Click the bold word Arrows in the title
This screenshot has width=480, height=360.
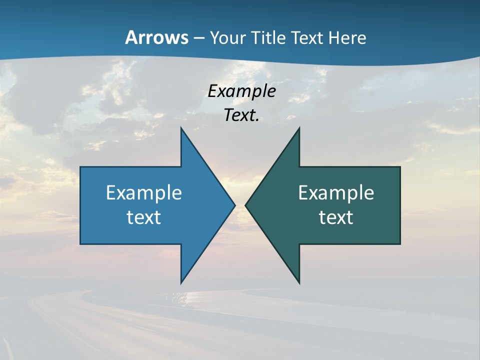tap(156, 37)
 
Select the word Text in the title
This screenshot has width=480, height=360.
tap(308, 37)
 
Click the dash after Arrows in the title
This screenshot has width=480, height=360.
tap(198, 38)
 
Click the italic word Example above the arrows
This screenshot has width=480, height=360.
tap(241, 91)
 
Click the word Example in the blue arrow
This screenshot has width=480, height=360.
tap(144, 192)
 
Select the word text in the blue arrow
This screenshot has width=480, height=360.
tap(144, 217)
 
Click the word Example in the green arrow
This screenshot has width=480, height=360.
tap(336, 192)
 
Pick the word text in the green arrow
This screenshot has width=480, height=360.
tap(336, 217)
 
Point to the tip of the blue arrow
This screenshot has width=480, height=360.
tap(234, 205)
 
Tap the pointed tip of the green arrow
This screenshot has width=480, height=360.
tap(245, 205)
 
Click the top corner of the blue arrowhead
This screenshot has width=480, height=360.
tap(181, 128)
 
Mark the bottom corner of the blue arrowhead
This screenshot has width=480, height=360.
tap(181, 282)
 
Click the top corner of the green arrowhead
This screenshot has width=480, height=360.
tap(299, 128)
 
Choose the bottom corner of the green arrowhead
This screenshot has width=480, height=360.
tap(299, 282)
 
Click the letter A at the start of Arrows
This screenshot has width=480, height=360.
tap(130, 37)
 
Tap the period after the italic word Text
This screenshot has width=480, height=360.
tap(257, 120)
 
